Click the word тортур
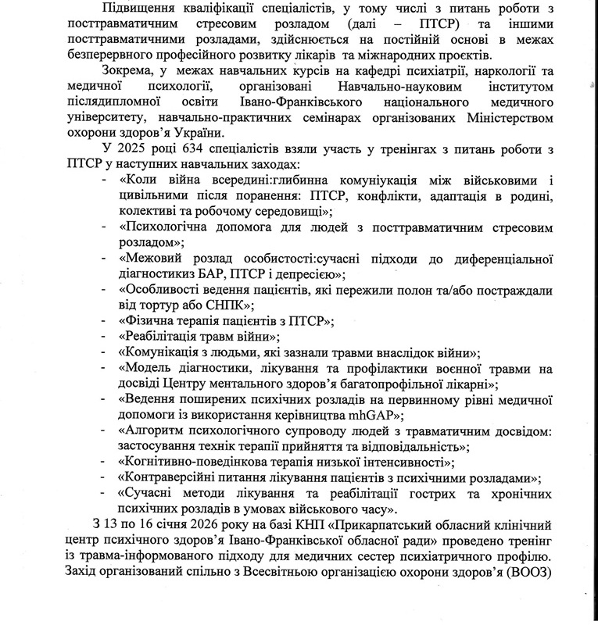point(161,303)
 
